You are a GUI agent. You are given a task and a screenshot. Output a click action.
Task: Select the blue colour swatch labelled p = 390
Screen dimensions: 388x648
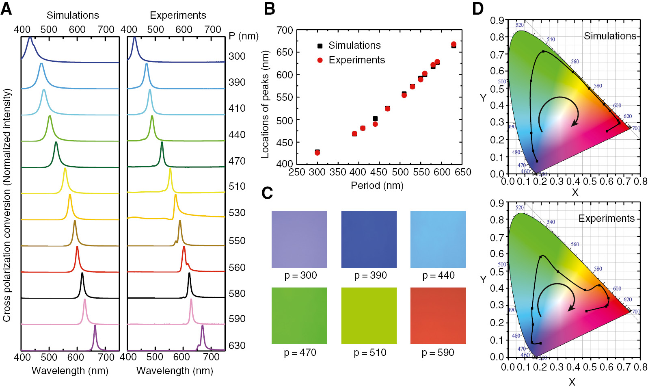point(369,239)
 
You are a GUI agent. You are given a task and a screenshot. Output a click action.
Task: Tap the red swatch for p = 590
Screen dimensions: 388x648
point(438,316)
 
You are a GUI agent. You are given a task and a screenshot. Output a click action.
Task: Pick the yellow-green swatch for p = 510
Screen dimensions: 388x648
point(369,316)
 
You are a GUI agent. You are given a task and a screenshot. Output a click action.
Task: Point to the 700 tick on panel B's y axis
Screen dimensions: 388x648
point(285,30)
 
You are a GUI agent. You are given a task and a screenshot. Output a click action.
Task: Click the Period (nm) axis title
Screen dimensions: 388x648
point(377,186)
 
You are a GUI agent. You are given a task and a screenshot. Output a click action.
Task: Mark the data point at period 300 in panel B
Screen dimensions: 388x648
point(317,152)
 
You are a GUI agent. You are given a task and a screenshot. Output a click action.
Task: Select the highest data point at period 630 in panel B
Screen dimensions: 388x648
point(454,44)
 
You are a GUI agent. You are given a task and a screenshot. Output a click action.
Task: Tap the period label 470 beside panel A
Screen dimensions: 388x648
point(237,161)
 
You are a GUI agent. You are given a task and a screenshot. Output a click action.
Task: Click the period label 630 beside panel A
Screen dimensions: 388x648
point(237,345)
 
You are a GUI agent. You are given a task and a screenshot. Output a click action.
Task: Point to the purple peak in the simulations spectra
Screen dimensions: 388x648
point(95,327)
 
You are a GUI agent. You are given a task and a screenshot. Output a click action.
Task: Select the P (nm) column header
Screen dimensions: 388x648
point(243,36)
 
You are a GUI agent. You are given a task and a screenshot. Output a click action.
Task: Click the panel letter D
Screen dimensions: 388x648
point(478,9)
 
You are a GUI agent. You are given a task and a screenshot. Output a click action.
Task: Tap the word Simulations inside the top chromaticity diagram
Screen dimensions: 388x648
point(609,36)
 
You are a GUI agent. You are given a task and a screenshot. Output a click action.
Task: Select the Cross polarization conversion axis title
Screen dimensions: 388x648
point(7,205)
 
